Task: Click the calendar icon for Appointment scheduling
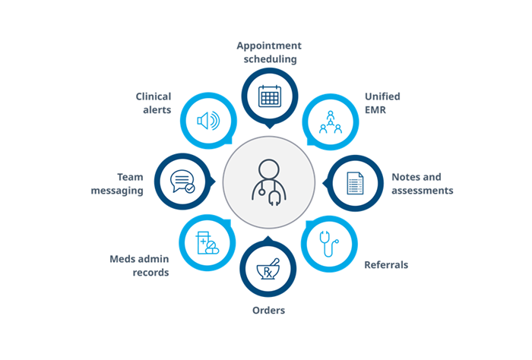[x=270, y=96]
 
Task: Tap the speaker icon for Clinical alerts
[x=209, y=121]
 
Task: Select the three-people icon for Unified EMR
[x=331, y=122]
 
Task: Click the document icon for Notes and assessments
[x=355, y=183]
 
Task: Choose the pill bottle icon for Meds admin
[x=207, y=243]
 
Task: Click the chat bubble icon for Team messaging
[x=182, y=182]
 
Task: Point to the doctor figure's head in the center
[x=269, y=169]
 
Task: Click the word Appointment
[x=269, y=46]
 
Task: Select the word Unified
[x=382, y=96]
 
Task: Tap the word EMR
[x=375, y=110]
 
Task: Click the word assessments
[x=423, y=191]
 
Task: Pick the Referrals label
[x=386, y=265]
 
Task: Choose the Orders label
[x=269, y=310]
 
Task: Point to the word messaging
[x=117, y=191]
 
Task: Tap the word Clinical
[x=154, y=96]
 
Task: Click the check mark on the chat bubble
[x=190, y=188]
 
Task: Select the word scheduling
[x=270, y=59]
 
